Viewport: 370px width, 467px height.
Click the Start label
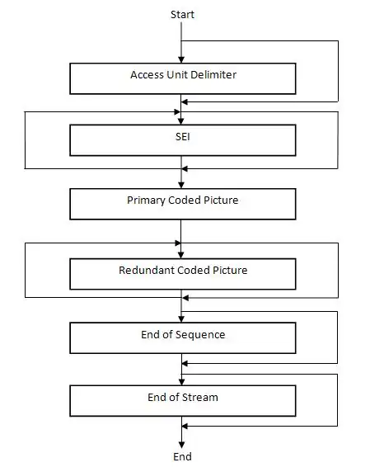[x=182, y=15]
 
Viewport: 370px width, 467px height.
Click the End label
[x=182, y=456]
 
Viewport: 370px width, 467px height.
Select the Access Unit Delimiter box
[x=183, y=78]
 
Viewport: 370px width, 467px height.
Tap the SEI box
[x=183, y=140]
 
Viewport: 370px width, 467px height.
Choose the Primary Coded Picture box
[x=183, y=204]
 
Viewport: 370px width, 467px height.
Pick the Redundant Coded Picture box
[x=183, y=274]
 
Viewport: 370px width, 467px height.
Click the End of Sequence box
[x=183, y=338]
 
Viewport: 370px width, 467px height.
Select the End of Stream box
[x=183, y=401]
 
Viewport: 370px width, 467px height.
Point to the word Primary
[x=146, y=200]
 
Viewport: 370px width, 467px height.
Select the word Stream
[x=200, y=398]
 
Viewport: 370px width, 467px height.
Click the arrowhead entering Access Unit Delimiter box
[x=181, y=60]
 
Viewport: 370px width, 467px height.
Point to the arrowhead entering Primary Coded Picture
[x=181, y=186]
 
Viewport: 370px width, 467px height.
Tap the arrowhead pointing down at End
[x=181, y=446]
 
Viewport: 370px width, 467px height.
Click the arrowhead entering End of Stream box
[x=181, y=382]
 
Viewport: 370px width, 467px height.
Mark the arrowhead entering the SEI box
[x=180, y=121]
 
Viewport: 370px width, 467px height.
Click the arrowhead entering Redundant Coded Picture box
[x=180, y=255]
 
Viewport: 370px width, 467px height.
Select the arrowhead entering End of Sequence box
[x=181, y=319]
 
